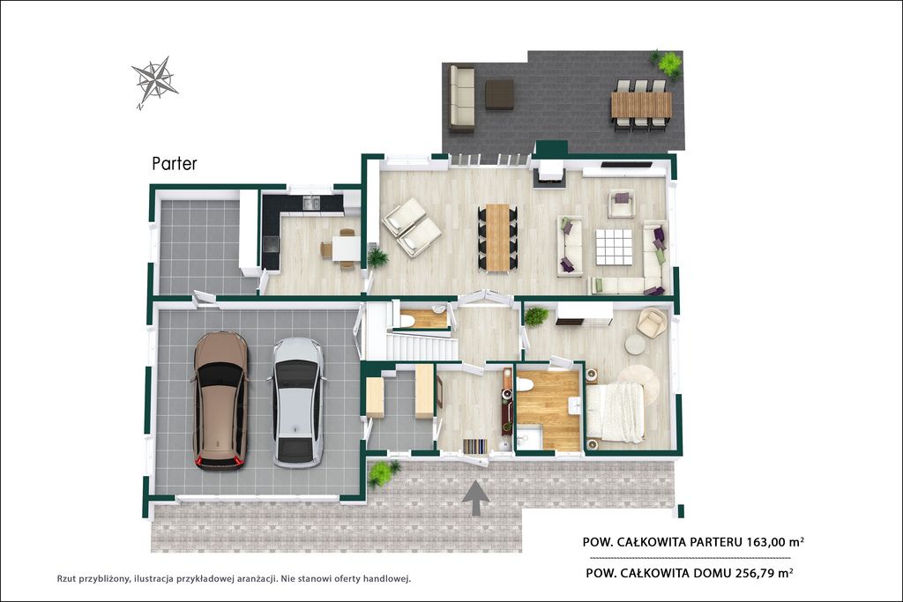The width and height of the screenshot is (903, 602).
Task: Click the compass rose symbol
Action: click(154, 81)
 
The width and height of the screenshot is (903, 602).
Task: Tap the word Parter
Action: click(175, 163)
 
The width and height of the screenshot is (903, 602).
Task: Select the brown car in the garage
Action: click(220, 400)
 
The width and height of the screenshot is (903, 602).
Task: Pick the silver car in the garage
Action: click(296, 402)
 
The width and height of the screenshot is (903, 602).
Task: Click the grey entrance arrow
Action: click(475, 498)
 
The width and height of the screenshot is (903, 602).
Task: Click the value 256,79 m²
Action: click(764, 573)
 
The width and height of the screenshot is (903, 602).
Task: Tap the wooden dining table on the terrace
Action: click(642, 105)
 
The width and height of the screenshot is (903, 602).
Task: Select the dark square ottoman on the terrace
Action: click(499, 94)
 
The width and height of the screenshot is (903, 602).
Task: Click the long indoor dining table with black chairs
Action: click(497, 237)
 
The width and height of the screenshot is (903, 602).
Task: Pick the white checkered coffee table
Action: click(614, 246)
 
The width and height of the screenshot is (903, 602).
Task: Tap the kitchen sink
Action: click(311, 202)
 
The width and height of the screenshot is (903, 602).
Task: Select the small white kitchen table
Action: click(346, 249)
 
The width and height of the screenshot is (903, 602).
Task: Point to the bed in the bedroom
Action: click(615, 412)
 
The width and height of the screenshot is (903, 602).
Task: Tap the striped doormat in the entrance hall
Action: click(475, 445)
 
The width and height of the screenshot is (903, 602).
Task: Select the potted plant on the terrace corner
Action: click(668, 63)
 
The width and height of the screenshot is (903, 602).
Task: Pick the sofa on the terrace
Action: click(462, 99)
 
